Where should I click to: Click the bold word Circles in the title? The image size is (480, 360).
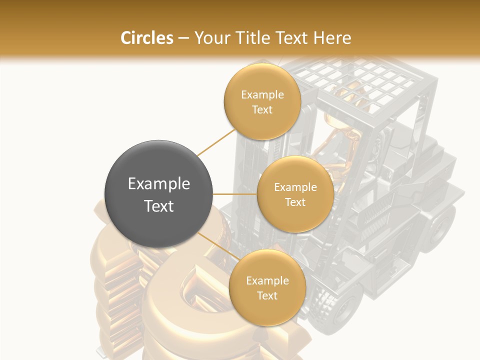pyautogui.click(x=147, y=38)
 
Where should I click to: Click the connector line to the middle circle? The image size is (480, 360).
pyautogui.click(x=235, y=194)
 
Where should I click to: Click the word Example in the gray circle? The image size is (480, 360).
pyautogui.click(x=158, y=184)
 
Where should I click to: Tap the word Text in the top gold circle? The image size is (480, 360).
pyautogui.click(x=262, y=109)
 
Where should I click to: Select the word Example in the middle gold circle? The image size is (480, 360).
pyautogui.click(x=295, y=187)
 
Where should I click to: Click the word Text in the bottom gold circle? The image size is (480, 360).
pyautogui.click(x=267, y=295)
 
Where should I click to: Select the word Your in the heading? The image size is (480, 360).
pyautogui.click(x=209, y=38)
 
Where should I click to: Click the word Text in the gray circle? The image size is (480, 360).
pyautogui.click(x=158, y=206)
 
